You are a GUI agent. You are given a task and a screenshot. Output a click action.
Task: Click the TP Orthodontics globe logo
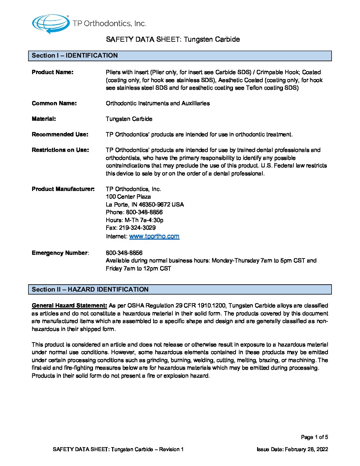(51, 23)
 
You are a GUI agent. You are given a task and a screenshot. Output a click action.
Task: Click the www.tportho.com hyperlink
(154, 236)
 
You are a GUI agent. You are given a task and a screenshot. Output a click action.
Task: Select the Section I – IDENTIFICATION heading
(75, 56)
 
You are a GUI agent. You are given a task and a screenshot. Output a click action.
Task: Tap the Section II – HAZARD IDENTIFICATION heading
(90, 290)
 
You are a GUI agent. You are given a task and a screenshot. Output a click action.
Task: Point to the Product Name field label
(53, 72)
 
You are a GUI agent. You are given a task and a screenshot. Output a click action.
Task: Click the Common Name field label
(54, 103)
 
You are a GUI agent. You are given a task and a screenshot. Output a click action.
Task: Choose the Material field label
(44, 119)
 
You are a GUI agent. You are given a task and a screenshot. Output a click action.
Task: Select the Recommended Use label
(60, 134)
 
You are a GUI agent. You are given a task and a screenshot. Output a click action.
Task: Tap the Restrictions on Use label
(60, 150)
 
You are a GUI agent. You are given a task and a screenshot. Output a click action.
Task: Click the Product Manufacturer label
(63, 189)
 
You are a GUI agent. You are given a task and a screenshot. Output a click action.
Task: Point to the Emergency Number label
(60, 253)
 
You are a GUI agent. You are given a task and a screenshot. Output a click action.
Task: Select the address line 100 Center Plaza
(128, 197)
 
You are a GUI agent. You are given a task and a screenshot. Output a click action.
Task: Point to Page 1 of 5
(314, 437)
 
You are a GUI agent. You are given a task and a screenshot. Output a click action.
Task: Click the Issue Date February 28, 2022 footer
(292, 449)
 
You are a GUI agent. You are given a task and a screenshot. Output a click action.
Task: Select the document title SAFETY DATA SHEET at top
(173, 39)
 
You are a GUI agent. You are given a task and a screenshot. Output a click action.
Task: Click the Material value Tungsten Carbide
(129, 119)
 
